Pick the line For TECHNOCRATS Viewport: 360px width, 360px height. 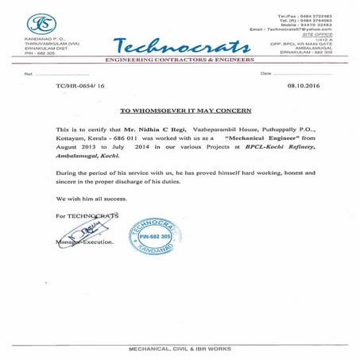click(87, 215)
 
